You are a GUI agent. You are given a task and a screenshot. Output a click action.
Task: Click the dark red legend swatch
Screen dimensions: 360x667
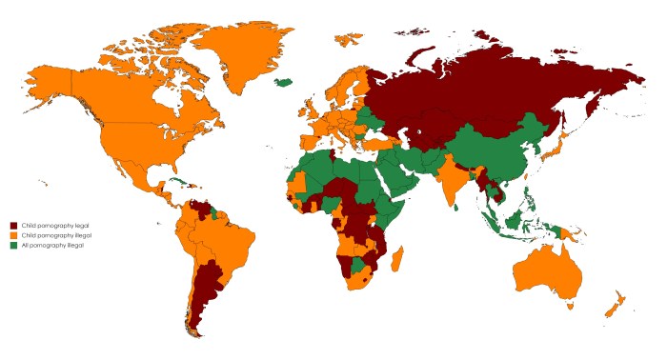13,224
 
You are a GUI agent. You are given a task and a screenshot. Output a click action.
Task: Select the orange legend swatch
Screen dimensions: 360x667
13,234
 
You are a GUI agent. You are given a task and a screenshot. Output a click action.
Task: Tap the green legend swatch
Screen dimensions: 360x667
13,245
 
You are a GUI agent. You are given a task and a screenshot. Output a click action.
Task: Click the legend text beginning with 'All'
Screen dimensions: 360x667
48,245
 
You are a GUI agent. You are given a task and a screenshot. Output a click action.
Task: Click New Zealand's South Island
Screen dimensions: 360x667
611,310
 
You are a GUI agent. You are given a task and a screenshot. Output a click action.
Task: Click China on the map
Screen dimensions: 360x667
495,152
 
